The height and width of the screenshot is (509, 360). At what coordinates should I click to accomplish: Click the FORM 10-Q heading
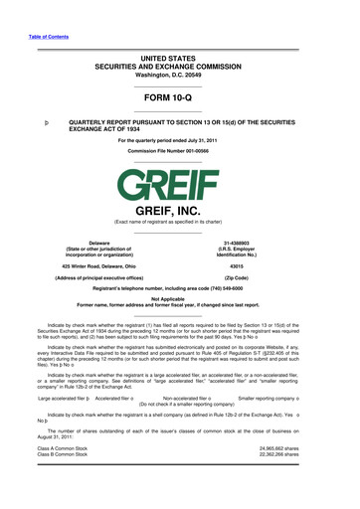point(180,97)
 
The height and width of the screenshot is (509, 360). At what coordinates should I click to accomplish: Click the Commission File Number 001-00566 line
point(180,152)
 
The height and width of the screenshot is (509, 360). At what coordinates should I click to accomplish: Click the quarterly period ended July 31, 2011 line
point(180,141)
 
